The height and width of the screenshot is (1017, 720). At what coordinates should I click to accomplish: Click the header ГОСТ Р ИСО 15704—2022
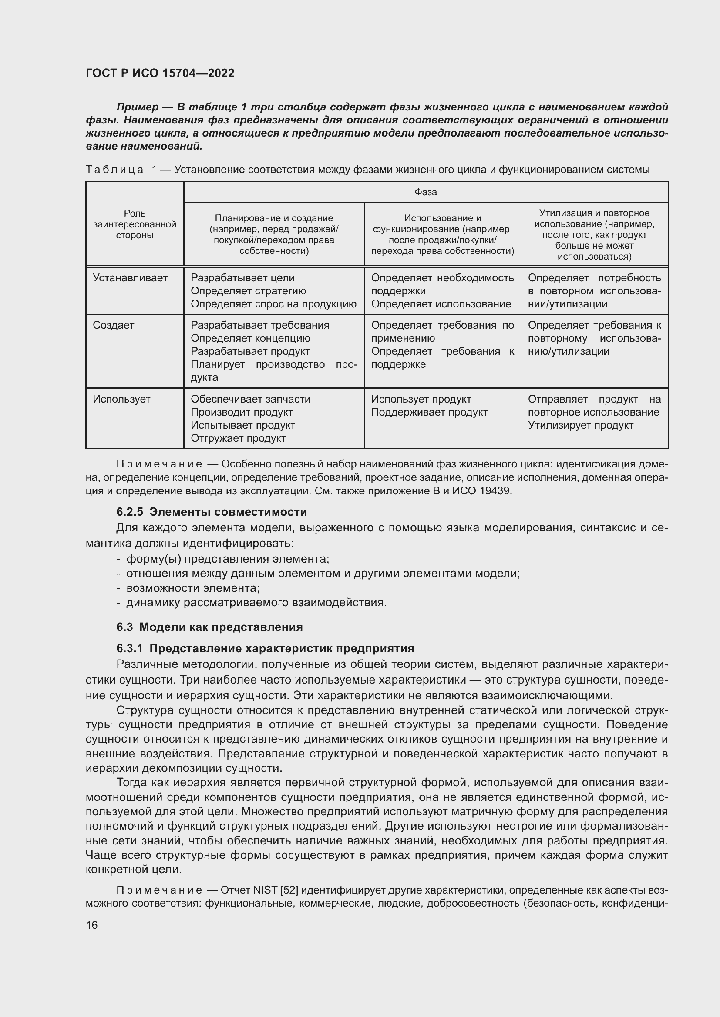tap(160, 73)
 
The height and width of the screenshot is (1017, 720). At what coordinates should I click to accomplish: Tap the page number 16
tap(92, 925)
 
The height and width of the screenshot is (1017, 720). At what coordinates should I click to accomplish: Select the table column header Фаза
tap(426, 192)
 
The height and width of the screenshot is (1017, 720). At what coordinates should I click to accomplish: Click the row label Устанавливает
tap(130, 278)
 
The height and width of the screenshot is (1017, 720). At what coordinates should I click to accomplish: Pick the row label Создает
tap(114, 326)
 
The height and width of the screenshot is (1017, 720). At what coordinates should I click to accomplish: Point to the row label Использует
tap(121, 400)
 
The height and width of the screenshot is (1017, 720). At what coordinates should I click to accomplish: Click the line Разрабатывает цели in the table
tap(242, 278)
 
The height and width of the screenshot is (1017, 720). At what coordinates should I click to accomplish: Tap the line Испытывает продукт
tap(242, 426)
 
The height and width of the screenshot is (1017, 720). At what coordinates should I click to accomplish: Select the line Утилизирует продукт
tap(580, 426)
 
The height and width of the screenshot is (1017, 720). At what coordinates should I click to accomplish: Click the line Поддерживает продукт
tap(429, 412)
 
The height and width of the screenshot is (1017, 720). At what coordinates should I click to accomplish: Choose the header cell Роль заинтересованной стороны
tap(135, 224)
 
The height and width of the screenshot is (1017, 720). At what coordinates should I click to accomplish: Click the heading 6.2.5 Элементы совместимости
tap(212, 512)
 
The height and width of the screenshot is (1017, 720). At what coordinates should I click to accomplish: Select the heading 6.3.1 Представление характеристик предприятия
tap(265, 648)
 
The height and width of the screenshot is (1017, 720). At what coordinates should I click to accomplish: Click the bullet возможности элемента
tap(193, 588)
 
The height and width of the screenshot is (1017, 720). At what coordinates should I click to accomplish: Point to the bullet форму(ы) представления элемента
tap(227, 559)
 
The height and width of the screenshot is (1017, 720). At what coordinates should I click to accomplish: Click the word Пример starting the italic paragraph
tap(138, 107)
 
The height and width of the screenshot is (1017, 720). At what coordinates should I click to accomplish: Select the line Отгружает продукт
tap(238, 439)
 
